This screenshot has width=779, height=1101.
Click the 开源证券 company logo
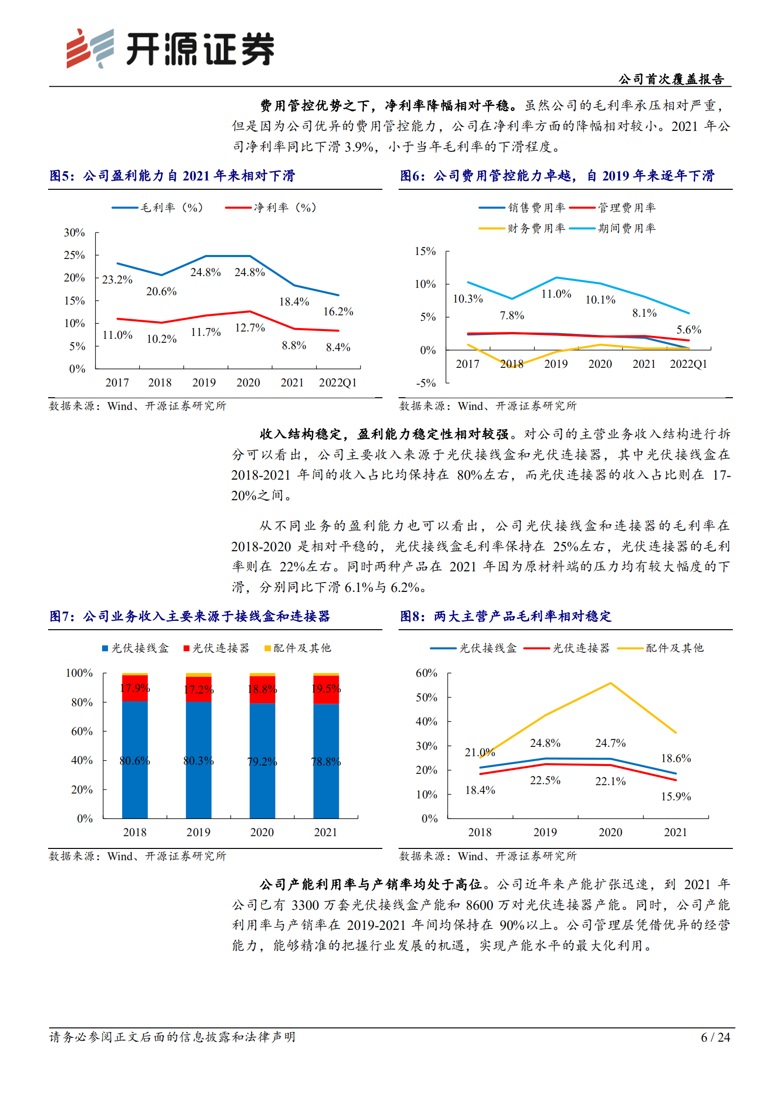pyautogui.click(x=170, y=49)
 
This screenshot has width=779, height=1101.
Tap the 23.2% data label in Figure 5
pyautogui.click(x=117, y=280)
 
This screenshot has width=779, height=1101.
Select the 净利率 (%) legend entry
pyautogui.click(x=271, y=207)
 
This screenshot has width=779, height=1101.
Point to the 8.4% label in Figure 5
pyautogui.click(x=338, y=347)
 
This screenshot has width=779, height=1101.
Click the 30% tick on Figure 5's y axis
pyautogui.click(x=74, y=232)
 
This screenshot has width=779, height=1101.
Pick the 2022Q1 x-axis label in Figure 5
pyautogui.click(x=338, y=383)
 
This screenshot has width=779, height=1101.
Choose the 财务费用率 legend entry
pyautogui.click(x=522, y=228)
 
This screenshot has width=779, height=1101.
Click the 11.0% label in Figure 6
pyautogui.click(x=556, y=294)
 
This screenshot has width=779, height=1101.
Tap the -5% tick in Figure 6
pyautogui.click(x=426, y=383)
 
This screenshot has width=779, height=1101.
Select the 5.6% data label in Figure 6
pyautogui.click(x=688, y=330)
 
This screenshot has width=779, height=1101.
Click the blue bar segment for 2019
pyautogui.click(x=198, y=760)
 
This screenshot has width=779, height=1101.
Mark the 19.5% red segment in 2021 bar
pyautogui.click(x=326, y=689)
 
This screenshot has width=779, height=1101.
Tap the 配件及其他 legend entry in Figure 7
pyautogui.click(x=297, y=648)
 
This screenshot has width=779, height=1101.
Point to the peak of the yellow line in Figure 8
pyautogui.click(x=610, y=683)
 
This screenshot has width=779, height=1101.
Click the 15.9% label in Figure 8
pyautogui.click(x=675, y=796)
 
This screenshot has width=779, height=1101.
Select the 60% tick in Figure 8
pyautogui.click(x=426, y=673)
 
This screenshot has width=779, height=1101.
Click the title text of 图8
pyautogui.click(x=506, y=616)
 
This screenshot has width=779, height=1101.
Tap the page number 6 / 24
pyautogui.click(x=715, y=1037)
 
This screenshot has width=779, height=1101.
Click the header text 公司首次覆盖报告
pyautogui.click(x=671, y=79)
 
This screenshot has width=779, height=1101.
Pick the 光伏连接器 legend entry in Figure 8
pyautogui.click(x=567, y=648)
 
